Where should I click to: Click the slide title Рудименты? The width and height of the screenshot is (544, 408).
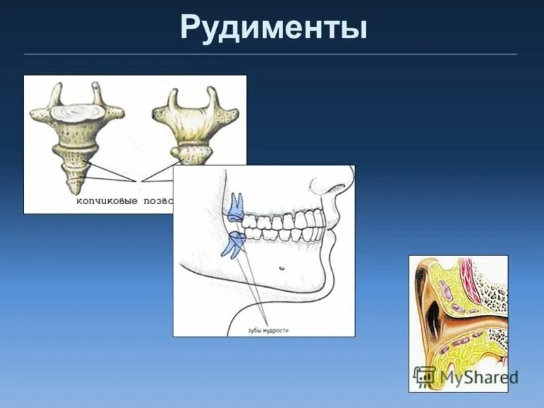pos(273,29)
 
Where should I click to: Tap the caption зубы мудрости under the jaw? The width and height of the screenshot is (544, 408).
pos(268,330)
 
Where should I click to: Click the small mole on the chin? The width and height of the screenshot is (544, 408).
pos(282,267)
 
